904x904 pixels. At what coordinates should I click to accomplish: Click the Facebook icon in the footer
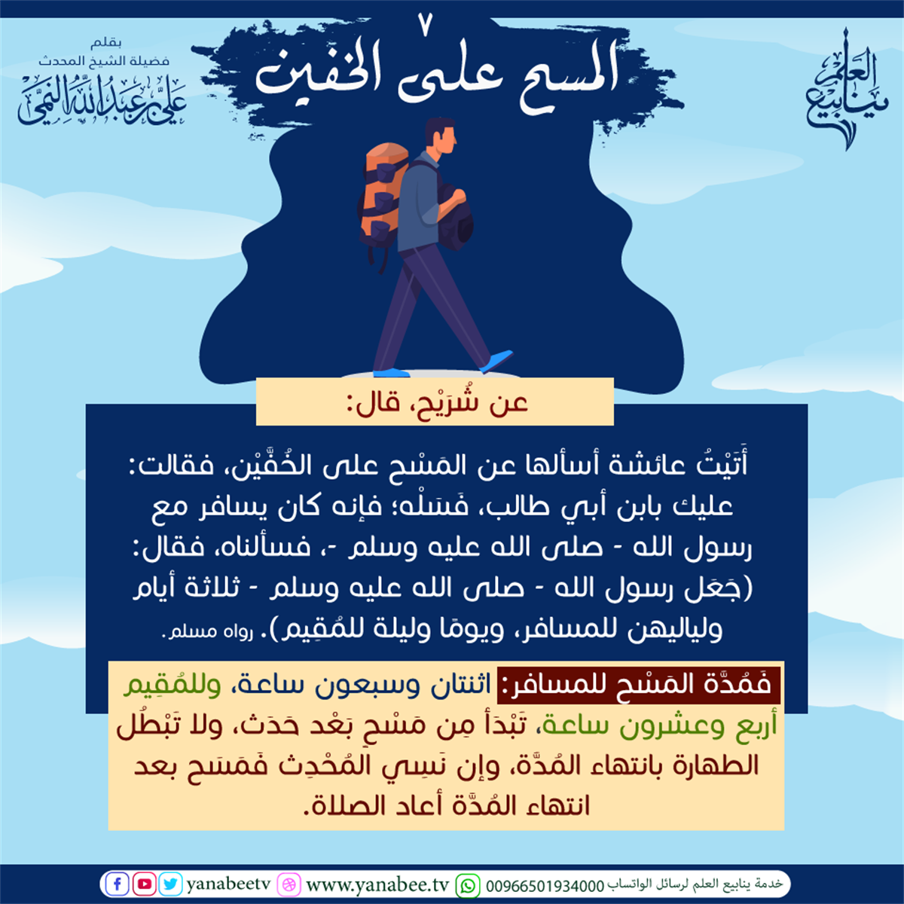pyautogui.click(x=117, y=884)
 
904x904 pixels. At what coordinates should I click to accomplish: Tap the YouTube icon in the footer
pyautogui.click(x=144, y=884)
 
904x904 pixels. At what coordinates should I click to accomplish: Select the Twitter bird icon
pyautogui.click(x=170, y=884)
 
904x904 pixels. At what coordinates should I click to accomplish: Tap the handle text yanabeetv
pyautogui.click(x=229, y=884)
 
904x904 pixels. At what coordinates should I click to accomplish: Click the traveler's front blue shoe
pyautogui.click(x=497, y=360)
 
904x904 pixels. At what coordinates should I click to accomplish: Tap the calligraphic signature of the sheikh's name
pyautogui.click(x=102, y=99)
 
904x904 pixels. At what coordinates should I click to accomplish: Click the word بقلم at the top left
pyautogui.click(x=106, y=43)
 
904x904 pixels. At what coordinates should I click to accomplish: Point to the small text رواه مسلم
pyautogui.click(x=207, y=631)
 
